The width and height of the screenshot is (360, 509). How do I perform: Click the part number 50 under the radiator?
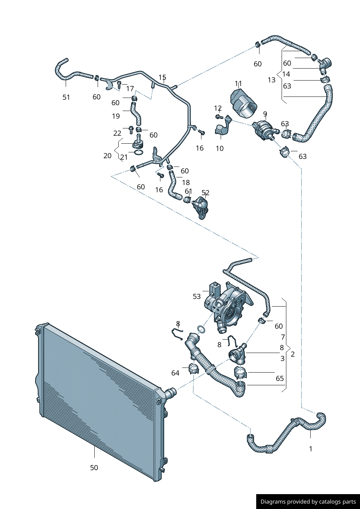(94, 468)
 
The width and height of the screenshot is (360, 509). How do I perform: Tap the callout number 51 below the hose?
(66, 97)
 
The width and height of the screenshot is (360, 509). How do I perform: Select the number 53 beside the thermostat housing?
(197, 296)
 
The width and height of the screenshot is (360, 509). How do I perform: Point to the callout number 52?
(205, 193)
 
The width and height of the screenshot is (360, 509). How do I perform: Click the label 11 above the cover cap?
(238, 83)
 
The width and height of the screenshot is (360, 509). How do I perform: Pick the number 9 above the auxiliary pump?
(265, 114)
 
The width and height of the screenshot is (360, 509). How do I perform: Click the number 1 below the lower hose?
(311, 449)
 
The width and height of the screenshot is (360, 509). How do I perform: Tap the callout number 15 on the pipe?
(162, 77)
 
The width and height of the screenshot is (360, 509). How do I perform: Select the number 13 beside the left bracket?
(271, 80)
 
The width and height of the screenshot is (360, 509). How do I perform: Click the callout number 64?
(175, 373)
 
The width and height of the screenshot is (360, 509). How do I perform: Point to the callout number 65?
(280, 378)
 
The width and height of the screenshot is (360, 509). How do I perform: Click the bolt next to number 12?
(218, 116)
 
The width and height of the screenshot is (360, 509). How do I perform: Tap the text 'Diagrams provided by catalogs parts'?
(308, 501)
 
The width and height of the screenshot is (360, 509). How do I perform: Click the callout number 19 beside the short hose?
(116, 116)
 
